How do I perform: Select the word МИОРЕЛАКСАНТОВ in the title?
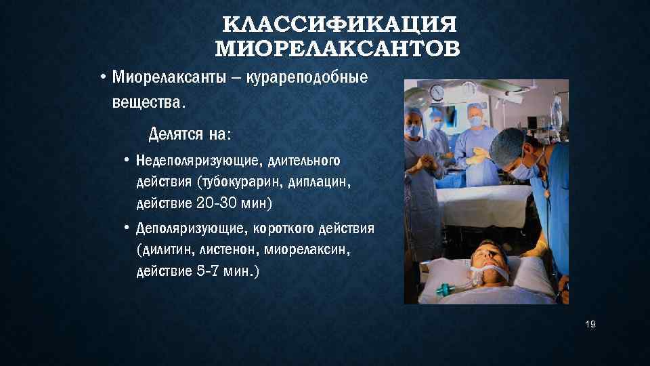pos(337,49)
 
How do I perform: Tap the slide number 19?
pos(590,325)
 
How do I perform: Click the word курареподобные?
pos(309,77)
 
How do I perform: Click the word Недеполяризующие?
pos(197,161)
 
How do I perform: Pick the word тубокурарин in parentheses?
pos(234,182)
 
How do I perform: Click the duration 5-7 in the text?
pos(205,271)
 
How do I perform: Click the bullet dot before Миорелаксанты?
pos(100,77)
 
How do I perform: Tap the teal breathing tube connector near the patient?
pos(443,290)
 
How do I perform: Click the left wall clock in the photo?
pos(437,91)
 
